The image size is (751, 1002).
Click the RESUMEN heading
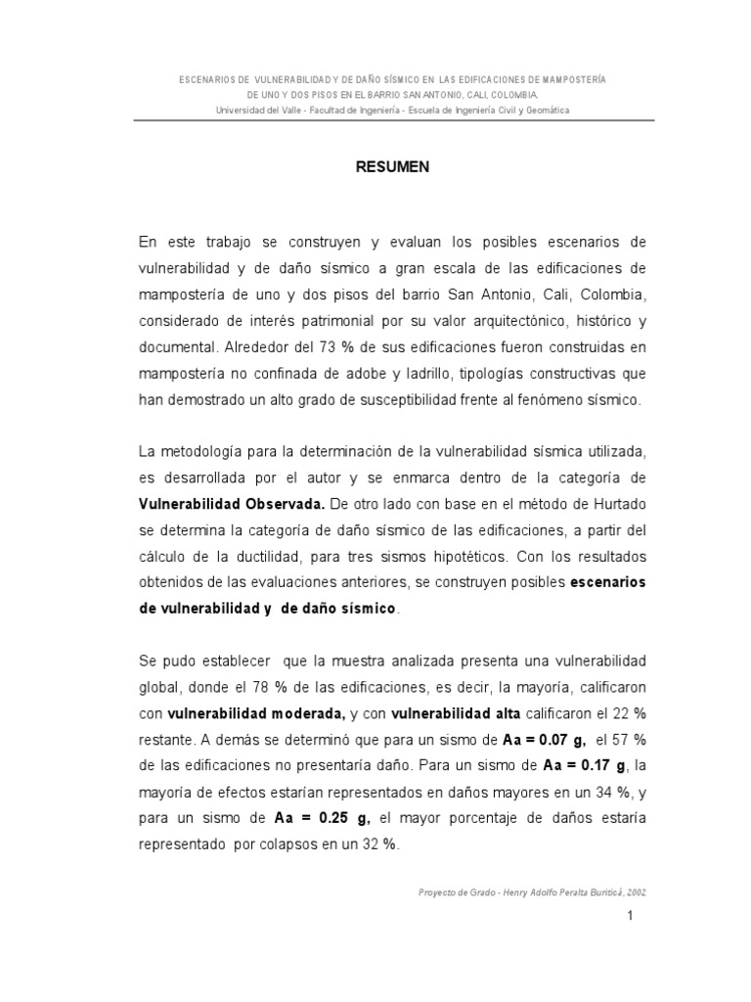(391, 167)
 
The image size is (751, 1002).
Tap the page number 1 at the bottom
(632, 916)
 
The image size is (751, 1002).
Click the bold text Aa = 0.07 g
(530, 738)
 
